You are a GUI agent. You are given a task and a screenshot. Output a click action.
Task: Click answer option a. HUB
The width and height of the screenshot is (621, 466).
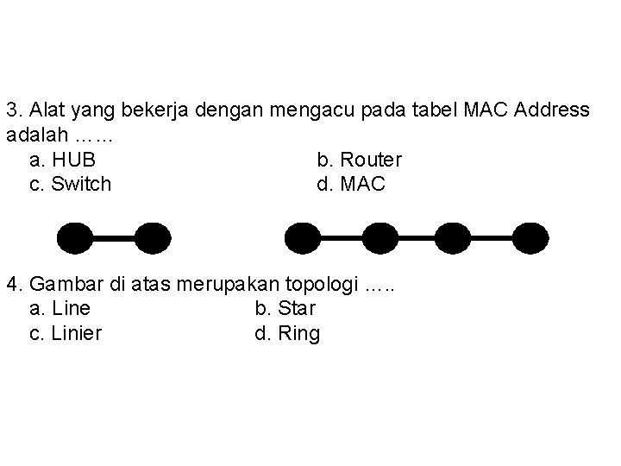[x=62, y=160]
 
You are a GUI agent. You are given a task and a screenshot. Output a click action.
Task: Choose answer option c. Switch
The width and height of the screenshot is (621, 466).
[x=70, y=184]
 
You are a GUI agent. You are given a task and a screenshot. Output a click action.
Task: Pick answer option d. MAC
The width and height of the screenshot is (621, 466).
[x=351, y=184]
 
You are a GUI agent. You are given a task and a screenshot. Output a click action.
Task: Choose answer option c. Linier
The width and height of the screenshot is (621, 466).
[x=66, y=333]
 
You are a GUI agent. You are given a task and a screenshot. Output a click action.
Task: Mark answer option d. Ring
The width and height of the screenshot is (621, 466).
[x=287, y=333]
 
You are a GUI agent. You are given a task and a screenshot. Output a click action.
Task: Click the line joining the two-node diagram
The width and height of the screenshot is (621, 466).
[x=115, y=236]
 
